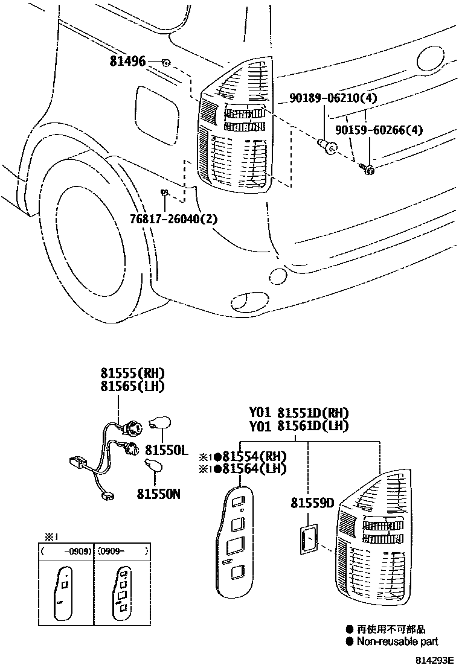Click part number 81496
pyautogui.click(x=127, y=61)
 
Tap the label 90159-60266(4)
pyautogui.click(x=379, y=130)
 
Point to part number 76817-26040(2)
pyautogui.click(x=173, y=218)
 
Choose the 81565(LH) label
pyautogui.click(x=132, y=387)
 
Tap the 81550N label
pyautogui.click(x=159, y=494)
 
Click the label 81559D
pyautogui.click(x=312, y=502)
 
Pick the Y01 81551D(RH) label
pyautogui.click(x=300, y=413)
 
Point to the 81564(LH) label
pyautogui.click(x=254, y=469)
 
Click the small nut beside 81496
pyautogui.click(x=165, y=62)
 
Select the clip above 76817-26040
pyautogui.click(x=163, y=193)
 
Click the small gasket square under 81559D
pyautogui.click(x=309, y=539)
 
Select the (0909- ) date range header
pyautogui.click(x=123, y=551)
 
